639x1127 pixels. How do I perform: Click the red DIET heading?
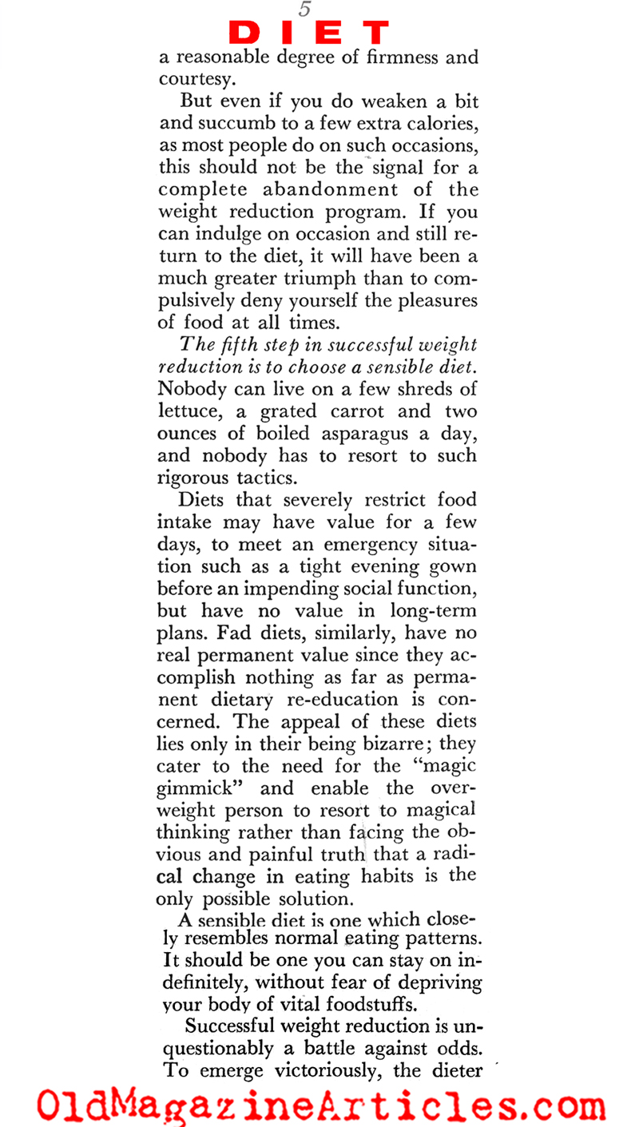point(309,32)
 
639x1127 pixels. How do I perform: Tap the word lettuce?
point(198,413)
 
